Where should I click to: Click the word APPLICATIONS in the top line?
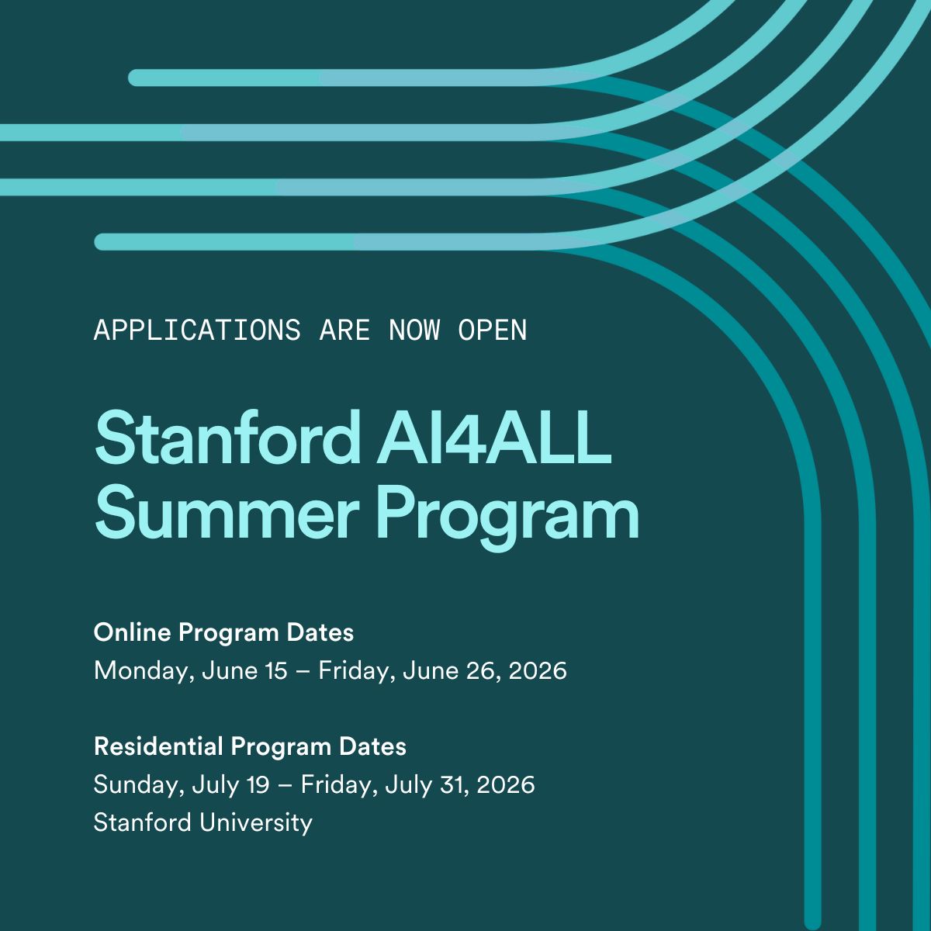197,331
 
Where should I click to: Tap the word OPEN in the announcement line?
493,331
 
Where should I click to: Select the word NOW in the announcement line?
414,331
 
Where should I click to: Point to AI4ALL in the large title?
494,438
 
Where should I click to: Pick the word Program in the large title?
507,515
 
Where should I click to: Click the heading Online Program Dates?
223,633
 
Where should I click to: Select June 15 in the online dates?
244,670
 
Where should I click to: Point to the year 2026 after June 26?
538,670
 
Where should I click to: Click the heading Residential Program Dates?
250,747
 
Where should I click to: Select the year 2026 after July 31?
506,785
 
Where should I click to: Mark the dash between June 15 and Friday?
303,671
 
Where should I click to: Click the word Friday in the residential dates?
331,785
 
